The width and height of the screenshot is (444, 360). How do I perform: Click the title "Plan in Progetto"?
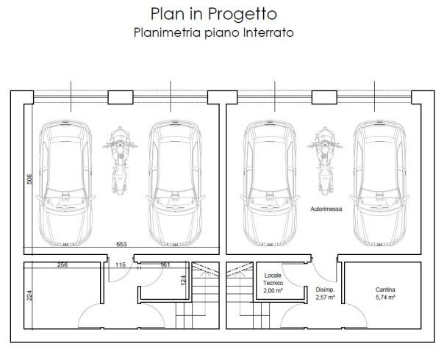(x=204, y=13)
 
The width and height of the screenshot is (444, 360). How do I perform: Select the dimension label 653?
(x=122, y=244)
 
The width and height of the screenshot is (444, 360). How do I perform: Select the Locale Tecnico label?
(x=273, y=278)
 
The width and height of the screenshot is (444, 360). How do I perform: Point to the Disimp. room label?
(x=325, y=290)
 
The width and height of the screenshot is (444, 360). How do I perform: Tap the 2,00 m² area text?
(x=273, y=292)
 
